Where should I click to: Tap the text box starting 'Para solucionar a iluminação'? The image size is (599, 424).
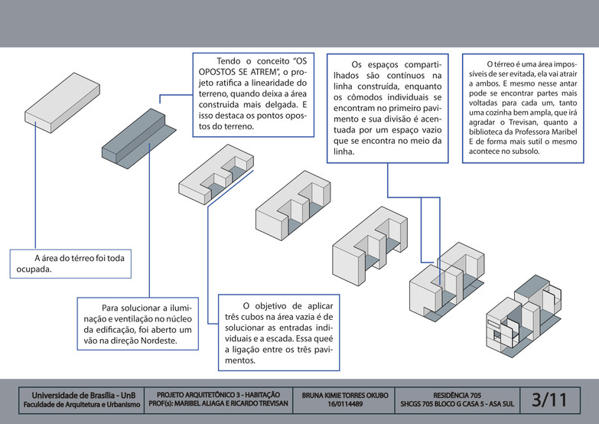[x=137, y=323]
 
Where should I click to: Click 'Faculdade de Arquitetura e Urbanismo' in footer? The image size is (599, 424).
[x=80, y=403]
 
